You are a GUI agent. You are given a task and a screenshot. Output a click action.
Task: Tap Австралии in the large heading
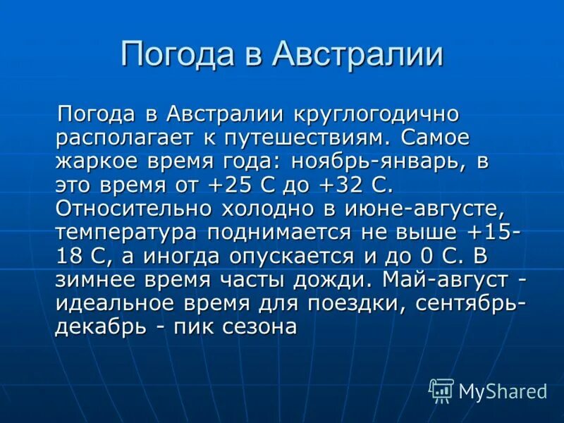pyautogui.click(x=358, y=54)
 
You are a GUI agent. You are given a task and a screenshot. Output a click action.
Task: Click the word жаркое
pyautogui.click(x=99, y=161)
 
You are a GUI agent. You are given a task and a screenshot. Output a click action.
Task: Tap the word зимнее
pyautogui.click(x=99, y=280)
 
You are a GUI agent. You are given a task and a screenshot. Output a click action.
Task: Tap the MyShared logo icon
pyautogui.click(x=441, y=390)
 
